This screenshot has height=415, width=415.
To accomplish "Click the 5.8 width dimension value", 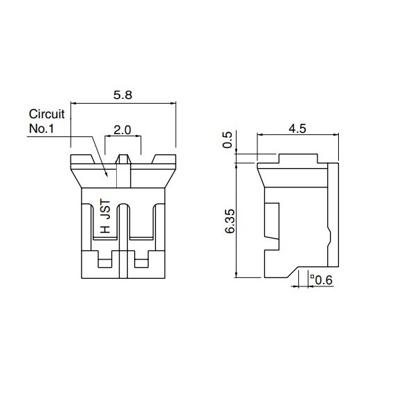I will pos(123,96).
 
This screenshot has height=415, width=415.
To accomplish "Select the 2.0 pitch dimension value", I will pos(122,130).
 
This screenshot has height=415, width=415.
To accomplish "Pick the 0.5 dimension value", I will pos(229,141).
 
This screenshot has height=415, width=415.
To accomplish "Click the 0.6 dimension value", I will pos(324,279).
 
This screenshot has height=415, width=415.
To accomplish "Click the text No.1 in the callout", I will pos(41,128).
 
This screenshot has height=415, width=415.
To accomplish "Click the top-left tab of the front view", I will pos(81,160).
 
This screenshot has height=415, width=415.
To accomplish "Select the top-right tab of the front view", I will pos(164,160).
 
